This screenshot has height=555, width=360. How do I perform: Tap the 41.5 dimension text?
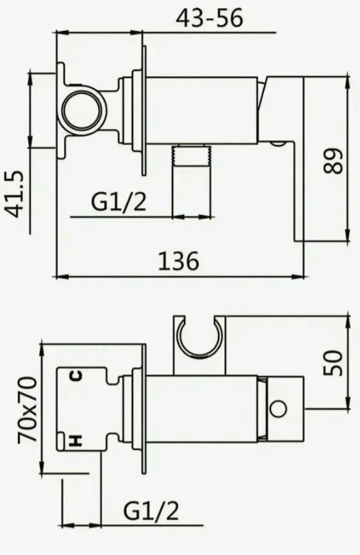(16, 194)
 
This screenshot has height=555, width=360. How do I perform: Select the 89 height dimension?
(333, 161)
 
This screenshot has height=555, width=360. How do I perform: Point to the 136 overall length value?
(178, 261)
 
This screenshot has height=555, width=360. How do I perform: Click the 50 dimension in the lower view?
(333, 363)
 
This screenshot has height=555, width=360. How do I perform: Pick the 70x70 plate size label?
(27, 410)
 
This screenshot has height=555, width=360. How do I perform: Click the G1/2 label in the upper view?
(119, 202)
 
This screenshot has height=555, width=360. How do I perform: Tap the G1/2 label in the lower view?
(151, 511)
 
